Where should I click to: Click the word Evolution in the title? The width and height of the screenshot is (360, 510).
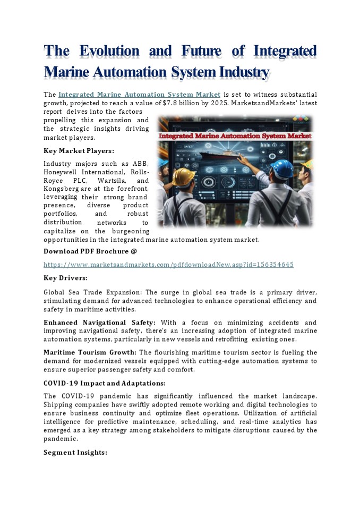[109, 52]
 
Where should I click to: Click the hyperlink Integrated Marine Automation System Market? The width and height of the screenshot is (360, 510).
[139, 95]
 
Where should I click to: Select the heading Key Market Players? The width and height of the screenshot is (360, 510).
[79, 151]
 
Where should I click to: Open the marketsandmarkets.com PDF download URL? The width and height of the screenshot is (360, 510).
[168, 264]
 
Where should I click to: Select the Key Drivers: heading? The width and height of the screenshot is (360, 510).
[65, 278]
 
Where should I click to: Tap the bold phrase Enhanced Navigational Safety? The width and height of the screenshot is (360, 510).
[99, 323]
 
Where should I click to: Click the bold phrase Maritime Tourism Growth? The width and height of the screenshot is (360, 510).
[90, 353]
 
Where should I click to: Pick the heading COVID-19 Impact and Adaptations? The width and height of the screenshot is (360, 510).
[104, 383]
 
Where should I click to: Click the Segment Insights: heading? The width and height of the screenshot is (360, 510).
[75, 453]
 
